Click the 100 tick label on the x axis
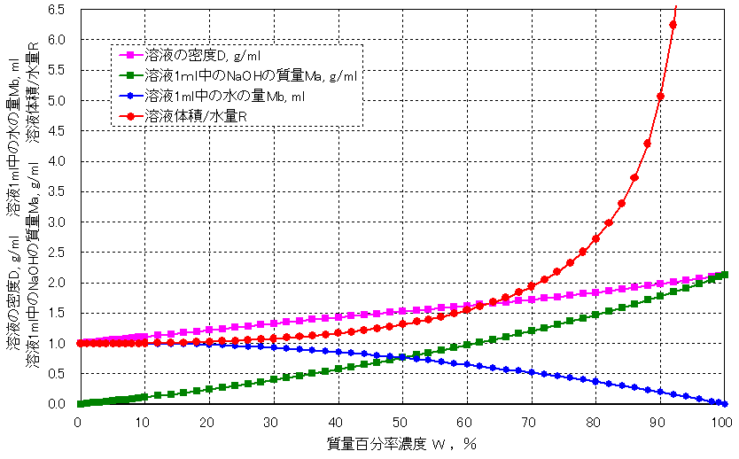(x=722, y=421)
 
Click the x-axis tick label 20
(x=207, y=421)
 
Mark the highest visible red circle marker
(x=673, y=24)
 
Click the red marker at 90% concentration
(x=660, y=96)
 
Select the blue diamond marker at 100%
(x=724, y=403)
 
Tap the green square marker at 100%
(x=724, y=275)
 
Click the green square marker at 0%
(x=79, y=404)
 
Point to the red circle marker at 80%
(x=595, y=238)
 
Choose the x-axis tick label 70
(x=530, y=421)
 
